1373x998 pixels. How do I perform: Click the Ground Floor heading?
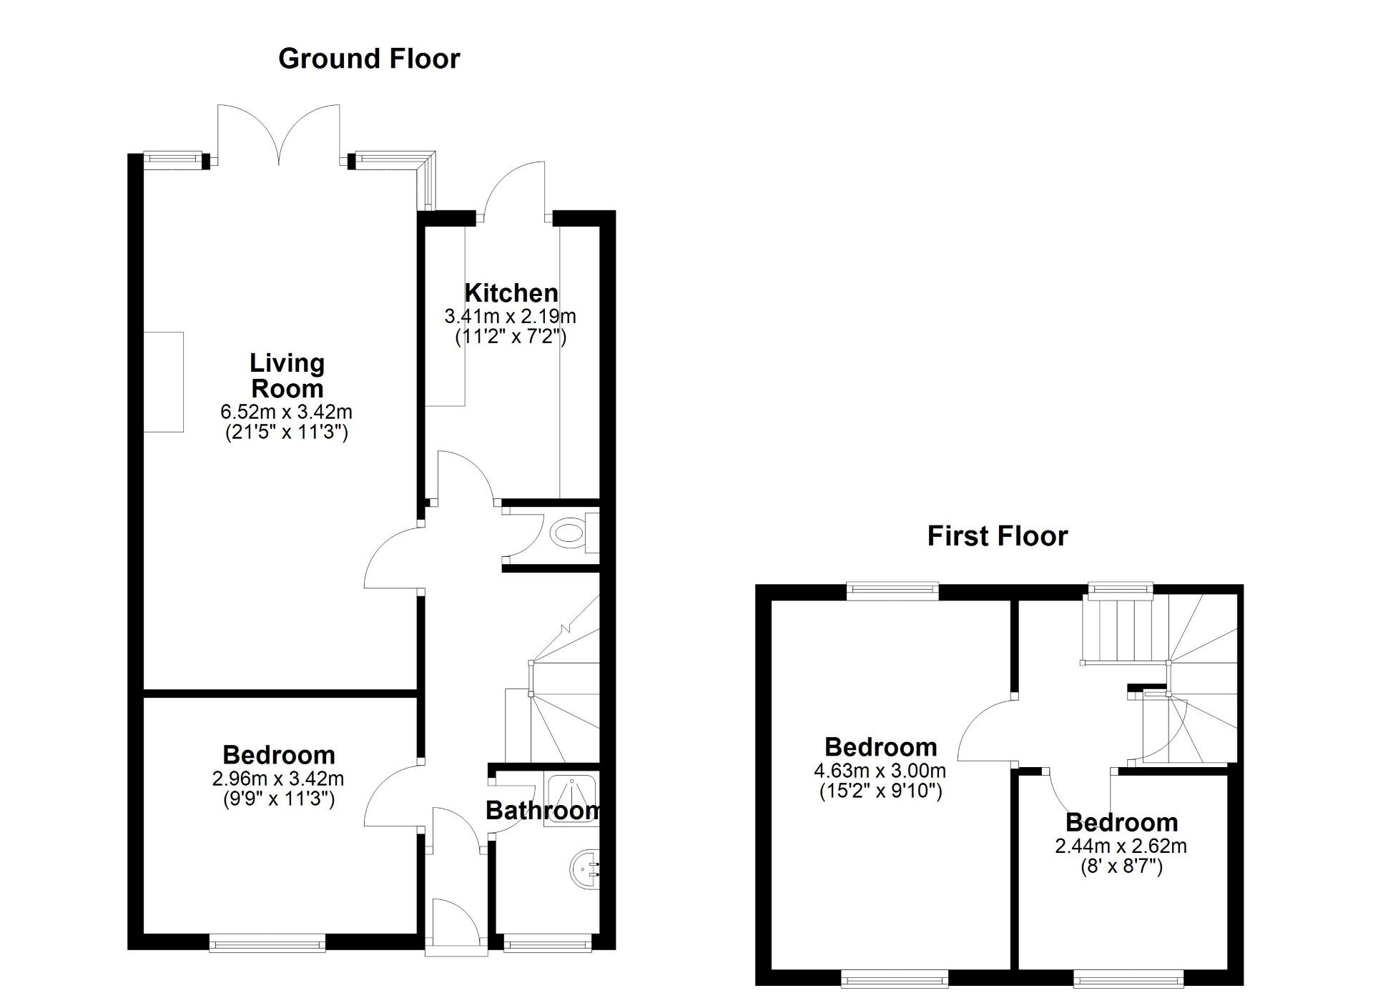[369, 59]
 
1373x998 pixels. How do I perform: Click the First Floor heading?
[997, 536]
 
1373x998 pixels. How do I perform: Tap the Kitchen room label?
[511, 293]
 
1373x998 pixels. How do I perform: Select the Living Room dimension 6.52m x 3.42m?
[286, 412]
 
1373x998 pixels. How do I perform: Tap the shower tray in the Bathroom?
[571, 799]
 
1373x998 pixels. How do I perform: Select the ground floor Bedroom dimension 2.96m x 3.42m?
[278, 778]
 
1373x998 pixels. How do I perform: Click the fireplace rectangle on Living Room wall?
[164, 382]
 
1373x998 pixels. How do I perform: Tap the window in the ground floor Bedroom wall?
[267, 945]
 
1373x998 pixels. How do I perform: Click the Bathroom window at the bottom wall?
[548, 945]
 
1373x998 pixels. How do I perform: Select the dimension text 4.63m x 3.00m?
[880, 771]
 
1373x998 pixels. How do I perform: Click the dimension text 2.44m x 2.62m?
[1121, 846]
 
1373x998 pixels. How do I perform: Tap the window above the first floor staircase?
[1120, 589]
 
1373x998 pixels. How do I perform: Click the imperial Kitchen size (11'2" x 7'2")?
[511, 337]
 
